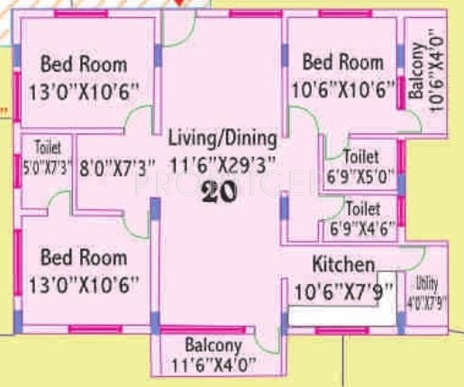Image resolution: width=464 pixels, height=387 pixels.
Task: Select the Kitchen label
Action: (342, 265)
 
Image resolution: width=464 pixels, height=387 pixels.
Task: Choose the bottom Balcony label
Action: (214, 346)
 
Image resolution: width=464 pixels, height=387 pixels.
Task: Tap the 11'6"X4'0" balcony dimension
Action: (214, 364)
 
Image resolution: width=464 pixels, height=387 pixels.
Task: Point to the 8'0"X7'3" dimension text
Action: (117, 166)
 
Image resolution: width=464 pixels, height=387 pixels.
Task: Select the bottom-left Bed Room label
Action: (84, 258)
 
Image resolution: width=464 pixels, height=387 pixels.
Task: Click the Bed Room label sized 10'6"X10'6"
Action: (342, 62)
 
